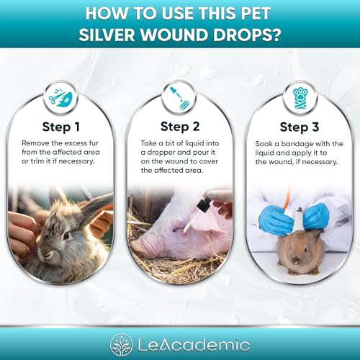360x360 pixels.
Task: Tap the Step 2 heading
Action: point(179,127)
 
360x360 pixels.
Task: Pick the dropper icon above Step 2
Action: point(179,98)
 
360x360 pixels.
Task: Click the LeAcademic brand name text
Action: point(196,341)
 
